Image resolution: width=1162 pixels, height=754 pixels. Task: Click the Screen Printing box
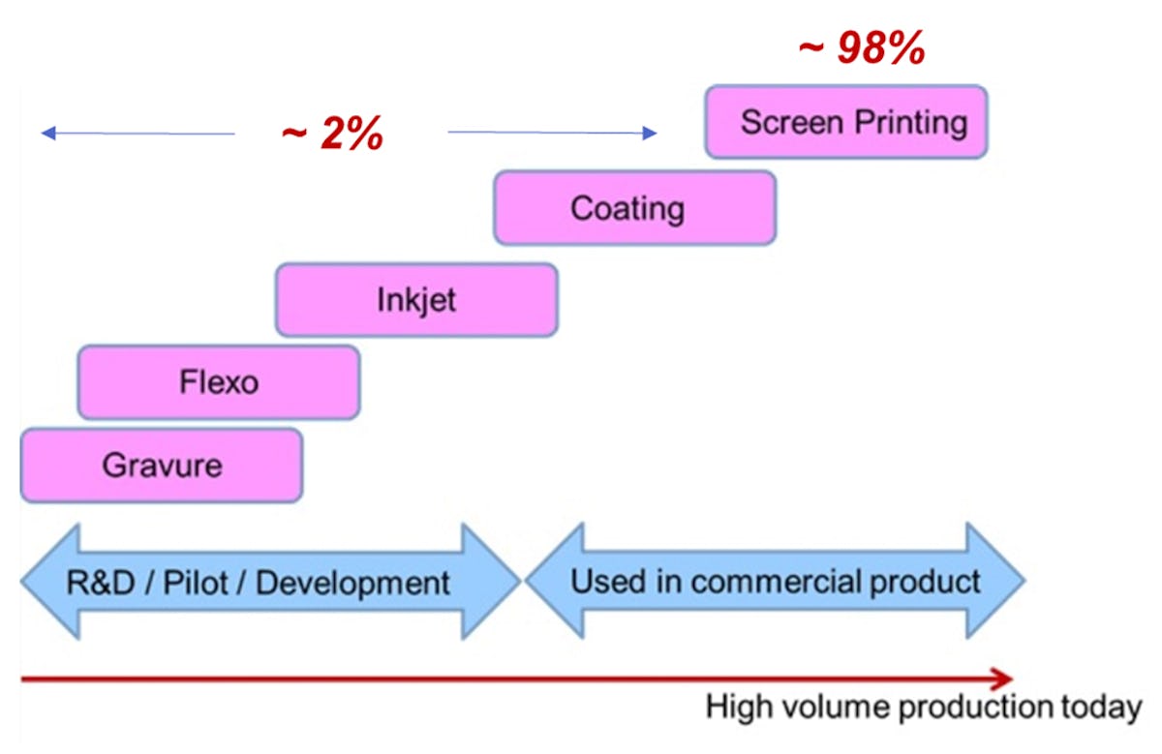click(x=846, y=122)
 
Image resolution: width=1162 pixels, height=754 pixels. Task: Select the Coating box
click(x=635, y=208)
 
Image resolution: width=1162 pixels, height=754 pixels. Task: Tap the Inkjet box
click(x=416, y=300)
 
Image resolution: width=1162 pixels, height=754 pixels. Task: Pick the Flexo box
click(x=219, y=382)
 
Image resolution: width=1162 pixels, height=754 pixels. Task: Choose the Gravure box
click(x=162, y=466)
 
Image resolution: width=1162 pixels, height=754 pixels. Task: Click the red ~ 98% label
click(x=862, y=47)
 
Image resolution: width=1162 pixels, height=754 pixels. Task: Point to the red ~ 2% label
click(x=332, y=134)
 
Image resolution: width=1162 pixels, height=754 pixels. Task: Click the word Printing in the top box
click(x=911, y=123)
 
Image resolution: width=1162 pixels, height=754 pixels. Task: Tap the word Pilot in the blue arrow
click(x=196, y=583)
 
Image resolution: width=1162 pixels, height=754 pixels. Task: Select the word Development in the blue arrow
click(x=352, y=584)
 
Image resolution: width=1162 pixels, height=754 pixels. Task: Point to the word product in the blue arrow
click(x=925, y=583)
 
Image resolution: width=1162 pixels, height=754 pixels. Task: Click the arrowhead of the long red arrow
click(x=1002, y=679)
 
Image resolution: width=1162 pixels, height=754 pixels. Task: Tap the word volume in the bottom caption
click(x=836, y=707)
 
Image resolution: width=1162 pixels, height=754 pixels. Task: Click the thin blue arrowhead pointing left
click(x=48, y=134)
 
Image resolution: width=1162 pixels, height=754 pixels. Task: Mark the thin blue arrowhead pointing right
click(x=650, y=133)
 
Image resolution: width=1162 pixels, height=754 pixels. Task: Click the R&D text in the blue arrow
click(x=101, y=583)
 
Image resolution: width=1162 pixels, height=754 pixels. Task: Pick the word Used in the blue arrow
click(x=608, y=582)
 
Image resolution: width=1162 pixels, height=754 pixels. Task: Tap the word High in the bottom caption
click(x=739, y=708)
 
